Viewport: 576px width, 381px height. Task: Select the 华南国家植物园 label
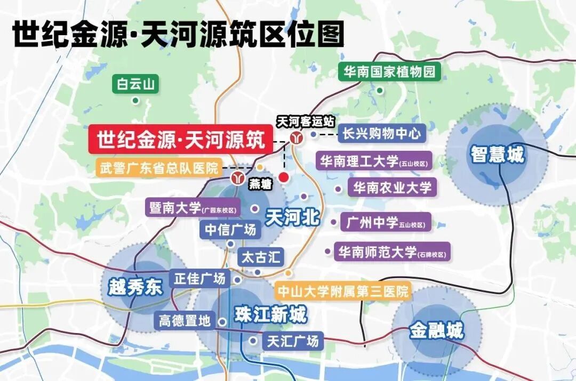(389, 72)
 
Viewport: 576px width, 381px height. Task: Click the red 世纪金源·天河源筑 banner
(180, 140)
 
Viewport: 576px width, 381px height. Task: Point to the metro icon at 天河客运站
(297, 137)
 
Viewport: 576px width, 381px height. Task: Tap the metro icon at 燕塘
(237, 177)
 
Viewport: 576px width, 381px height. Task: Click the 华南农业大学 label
(393, 187)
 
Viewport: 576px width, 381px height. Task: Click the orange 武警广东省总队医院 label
(159, 168)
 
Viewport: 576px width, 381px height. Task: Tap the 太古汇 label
(261, 257)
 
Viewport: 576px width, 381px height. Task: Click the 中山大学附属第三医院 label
(342, 291)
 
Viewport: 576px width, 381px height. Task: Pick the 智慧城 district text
(497, 155)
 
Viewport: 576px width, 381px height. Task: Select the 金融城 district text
(437, 331)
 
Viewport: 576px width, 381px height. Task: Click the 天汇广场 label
(292, 340)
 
